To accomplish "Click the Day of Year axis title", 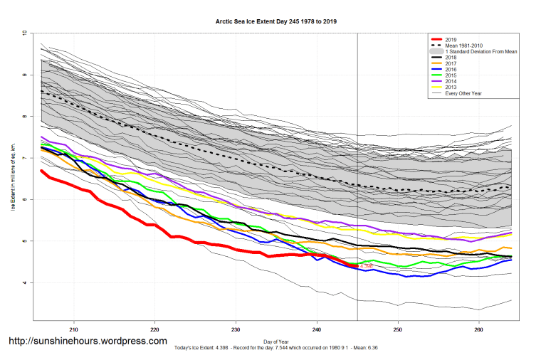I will coord(276,339).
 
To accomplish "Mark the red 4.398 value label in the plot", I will coord(367,266).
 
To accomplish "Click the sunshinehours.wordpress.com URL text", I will coord(88,342).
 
